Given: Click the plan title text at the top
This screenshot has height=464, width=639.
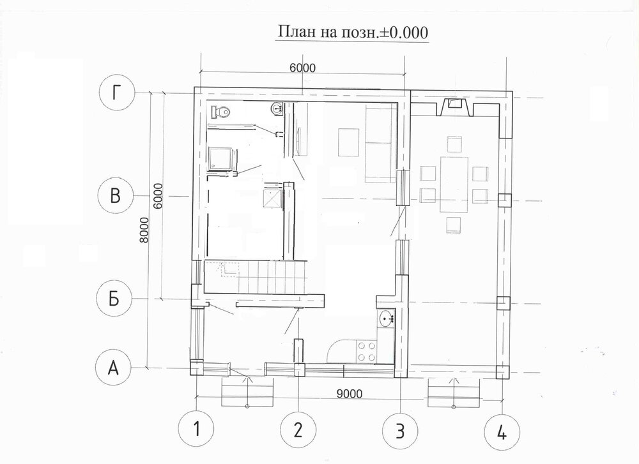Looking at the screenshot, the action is (x=353, y=32).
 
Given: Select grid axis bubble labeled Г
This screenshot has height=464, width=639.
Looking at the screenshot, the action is (x=117, y=93).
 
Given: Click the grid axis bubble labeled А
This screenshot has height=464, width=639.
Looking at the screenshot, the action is (x=113, y=368).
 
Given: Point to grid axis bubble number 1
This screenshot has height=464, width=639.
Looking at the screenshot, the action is (x=196, y=429).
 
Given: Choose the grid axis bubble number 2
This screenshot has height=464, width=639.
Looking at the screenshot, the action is (x=298, y=430).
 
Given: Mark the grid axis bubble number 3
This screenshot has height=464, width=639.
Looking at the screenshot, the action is (x=400, y=430).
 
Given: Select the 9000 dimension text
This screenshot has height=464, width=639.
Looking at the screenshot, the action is (x=350, y=393).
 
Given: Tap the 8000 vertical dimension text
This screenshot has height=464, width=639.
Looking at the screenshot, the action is (x=144, y=230).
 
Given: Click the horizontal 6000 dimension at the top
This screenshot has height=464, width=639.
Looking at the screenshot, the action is (x=302, y=68).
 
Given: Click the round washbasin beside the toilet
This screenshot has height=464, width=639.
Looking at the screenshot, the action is (x=277, y=109).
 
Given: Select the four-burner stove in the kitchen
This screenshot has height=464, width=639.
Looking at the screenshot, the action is (x=366, y=351).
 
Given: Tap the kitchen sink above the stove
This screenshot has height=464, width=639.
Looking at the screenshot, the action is (x=387, y=318).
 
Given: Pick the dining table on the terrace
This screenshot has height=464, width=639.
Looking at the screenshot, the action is (x=454, y=184).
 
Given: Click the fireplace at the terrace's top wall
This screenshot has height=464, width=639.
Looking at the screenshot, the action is (x=455, y=107).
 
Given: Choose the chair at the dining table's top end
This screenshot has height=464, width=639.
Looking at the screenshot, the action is (x=454, y=144).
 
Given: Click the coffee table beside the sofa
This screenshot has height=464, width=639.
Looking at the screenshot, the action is (x=348, y=142).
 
